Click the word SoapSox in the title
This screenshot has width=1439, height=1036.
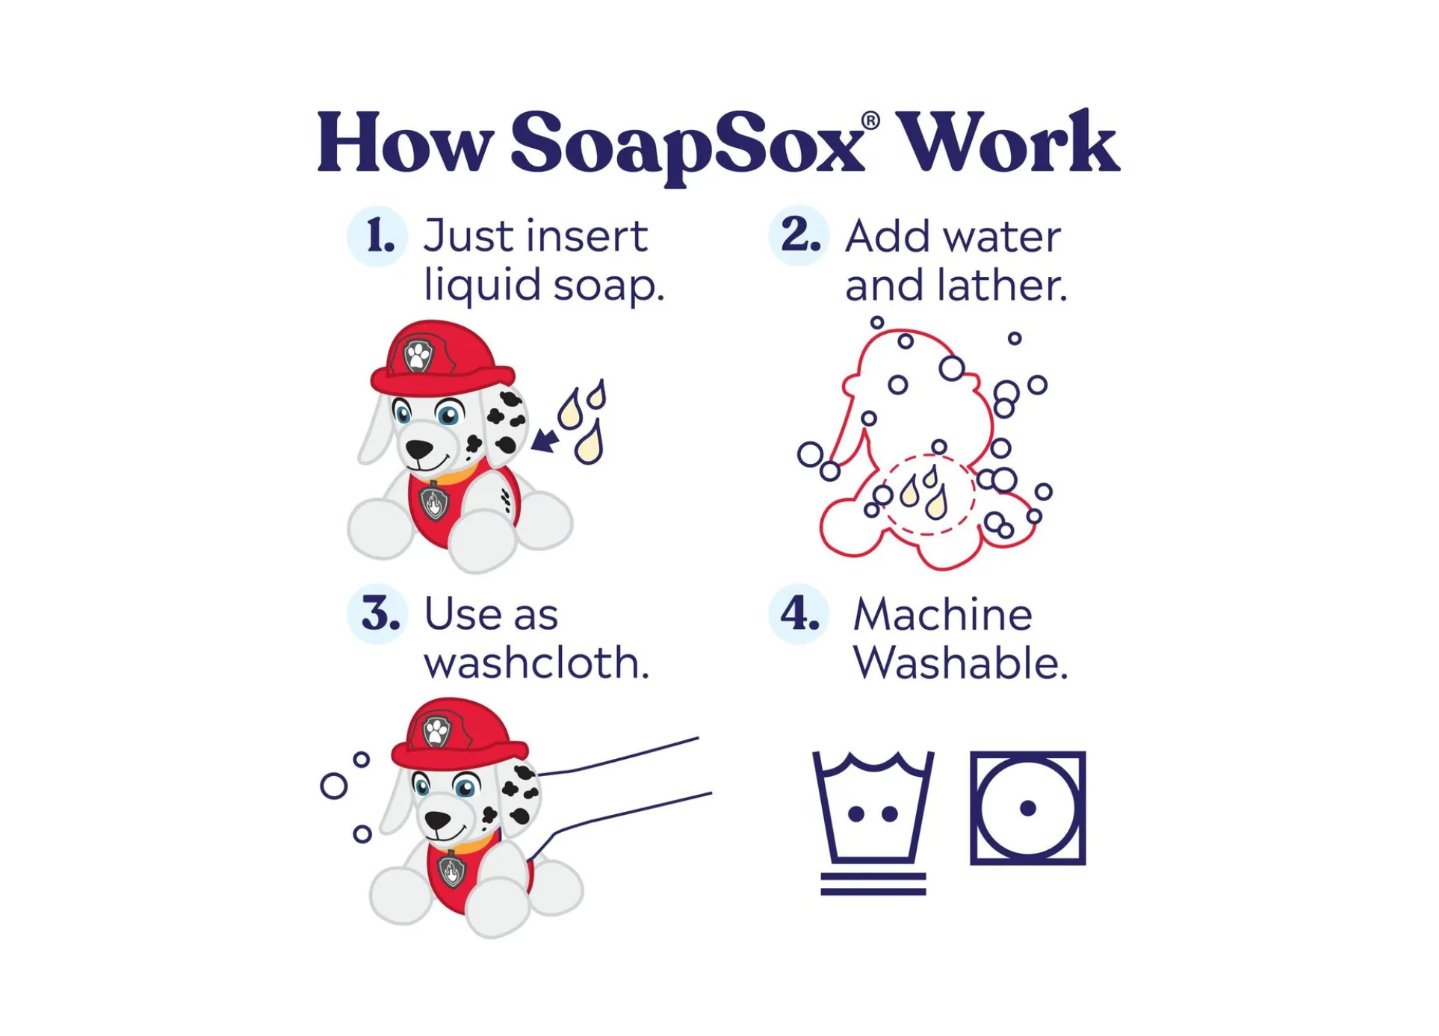(686, 146)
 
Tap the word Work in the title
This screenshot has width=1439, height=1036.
(1007, 141)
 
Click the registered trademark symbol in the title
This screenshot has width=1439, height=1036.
(870, 121)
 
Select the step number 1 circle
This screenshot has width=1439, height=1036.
(377, 236)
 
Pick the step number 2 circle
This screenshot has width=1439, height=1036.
(799, 236)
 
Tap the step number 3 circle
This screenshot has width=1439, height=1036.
(377, 614)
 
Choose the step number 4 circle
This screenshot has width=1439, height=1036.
(799, 614)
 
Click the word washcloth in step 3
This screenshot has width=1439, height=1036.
(536, 663)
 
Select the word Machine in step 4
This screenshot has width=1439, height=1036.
(943, 615)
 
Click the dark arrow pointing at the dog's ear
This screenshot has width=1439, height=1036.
(545, 440)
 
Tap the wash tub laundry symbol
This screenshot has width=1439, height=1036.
(873, 807)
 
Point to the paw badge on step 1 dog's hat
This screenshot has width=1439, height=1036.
(418, 356)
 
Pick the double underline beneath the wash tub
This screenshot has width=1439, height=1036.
(873, 884)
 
